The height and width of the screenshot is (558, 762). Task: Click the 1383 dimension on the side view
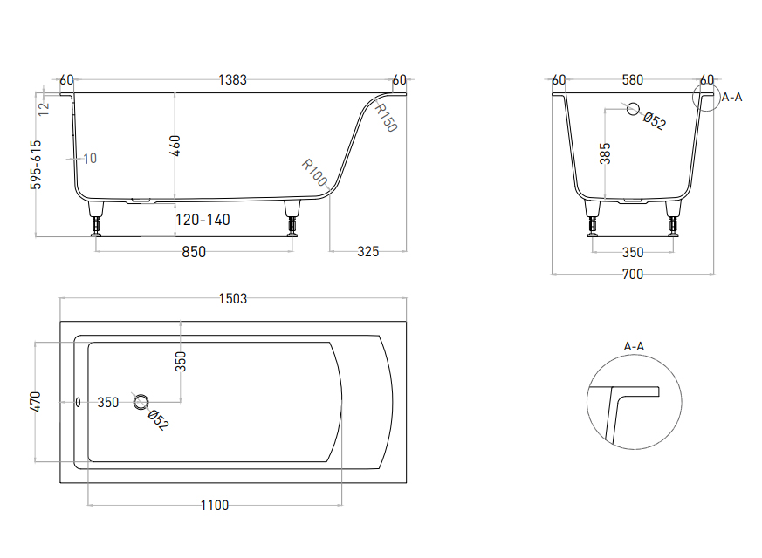(233, 79)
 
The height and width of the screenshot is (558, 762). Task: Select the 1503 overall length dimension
(233, 298)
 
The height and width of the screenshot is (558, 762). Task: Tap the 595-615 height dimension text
(37, 165)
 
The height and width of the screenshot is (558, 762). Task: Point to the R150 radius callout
(386, 118)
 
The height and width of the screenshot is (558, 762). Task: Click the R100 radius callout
(314, 173)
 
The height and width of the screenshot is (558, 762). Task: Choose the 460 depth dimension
(175, 146)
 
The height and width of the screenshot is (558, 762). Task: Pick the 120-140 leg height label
(203, 220)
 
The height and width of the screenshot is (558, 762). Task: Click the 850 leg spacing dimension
(194, 252)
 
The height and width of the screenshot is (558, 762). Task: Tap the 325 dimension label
(367, 251)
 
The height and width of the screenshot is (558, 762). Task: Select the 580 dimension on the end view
(632, 79)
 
